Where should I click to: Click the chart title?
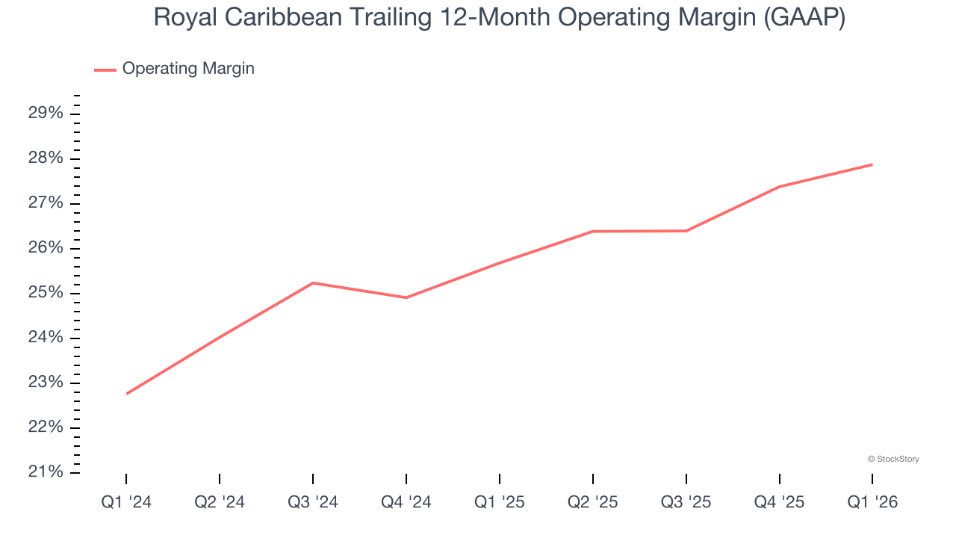[499, 17]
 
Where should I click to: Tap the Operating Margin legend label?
[188, 69]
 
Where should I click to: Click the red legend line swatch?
[105, 69]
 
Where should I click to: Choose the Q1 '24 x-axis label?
[126, 502]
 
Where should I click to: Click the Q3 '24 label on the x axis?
[313, 502]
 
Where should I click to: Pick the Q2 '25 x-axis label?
[593, 502]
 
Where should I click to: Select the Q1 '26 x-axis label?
[872, 502]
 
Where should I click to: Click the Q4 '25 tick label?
[779, 502]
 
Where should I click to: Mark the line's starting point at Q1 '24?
[126, 394]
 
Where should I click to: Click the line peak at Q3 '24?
[313, 282]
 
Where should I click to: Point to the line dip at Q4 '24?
[406, 297]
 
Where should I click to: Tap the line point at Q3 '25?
[686, 231]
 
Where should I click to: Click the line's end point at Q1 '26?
[872, 164]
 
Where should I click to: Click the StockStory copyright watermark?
[893, 459]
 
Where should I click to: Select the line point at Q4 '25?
[779, 187]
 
